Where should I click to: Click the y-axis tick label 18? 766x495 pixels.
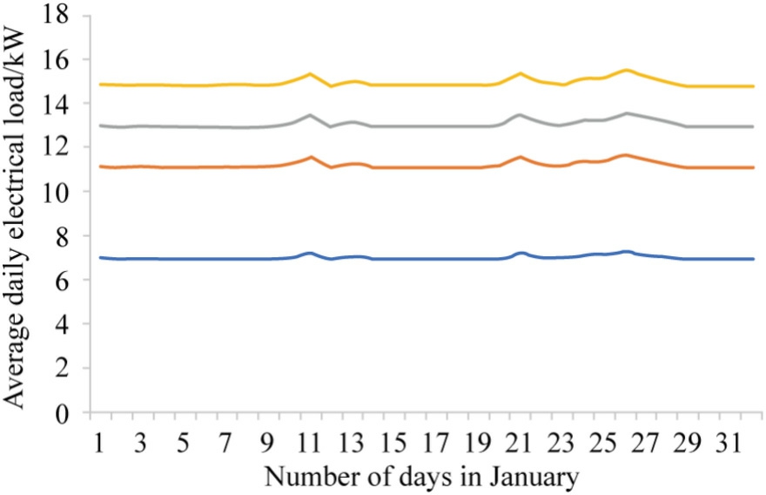click(x=57, y=14)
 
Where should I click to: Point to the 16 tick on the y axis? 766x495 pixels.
click(x=57, y=58)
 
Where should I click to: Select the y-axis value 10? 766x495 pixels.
click(x=57, y=191)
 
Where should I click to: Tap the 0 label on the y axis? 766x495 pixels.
click(x=63, y=412)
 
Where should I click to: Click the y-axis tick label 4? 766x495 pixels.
click(x=63, y=323)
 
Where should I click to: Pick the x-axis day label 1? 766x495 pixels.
click(x=99, y=444)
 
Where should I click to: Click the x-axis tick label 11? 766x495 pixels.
click(x=309, y=444)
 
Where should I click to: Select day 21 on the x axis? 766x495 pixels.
click(x=519, y=444)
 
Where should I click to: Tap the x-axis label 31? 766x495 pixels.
click(x=729, y=444)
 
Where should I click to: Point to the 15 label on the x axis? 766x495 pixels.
click(x=393, y=444)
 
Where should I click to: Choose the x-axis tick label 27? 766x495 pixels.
click(x=645, y=444)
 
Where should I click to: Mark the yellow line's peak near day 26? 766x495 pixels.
click(x=626, y=70)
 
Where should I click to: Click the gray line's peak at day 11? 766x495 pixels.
click(x=310, y=115)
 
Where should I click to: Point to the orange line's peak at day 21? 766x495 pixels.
click(x=520, y=157)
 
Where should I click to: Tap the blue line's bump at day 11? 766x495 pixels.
click(x=309, y=253)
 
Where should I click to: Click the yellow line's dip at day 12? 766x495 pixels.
click(x=332, y=86)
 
